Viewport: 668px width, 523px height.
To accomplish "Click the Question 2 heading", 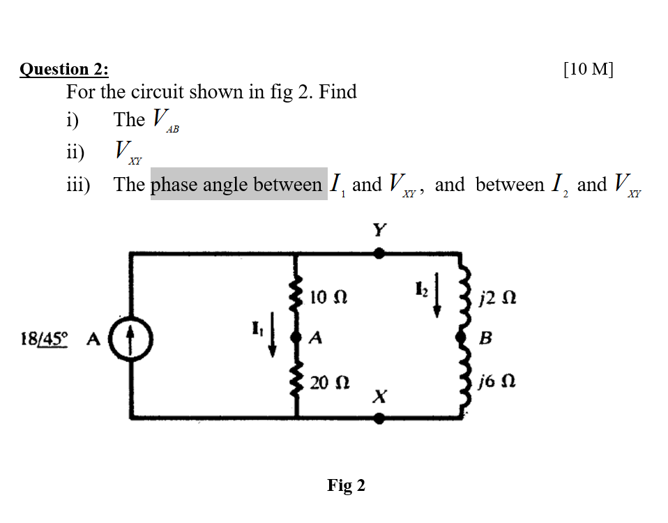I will pyautogui.click(x=64, y=69).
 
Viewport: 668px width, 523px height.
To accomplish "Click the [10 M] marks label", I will pyautogui.click(x=589, y=68).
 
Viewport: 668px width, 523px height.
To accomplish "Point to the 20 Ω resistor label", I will pyautogui.click(x=326, y=383).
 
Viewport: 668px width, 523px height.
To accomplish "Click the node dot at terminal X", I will pyautogui.click(x=379, y=418).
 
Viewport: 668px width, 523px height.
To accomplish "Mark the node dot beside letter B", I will pyautogui.click(x=461, y=338).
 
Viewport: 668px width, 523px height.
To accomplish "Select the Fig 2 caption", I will pyautogui.click(x=346, y=485).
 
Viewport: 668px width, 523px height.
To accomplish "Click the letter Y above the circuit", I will pyautogui.click(x=379, y=230).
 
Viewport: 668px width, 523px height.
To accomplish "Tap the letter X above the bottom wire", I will pyautogui.click(x=379, y=397).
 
